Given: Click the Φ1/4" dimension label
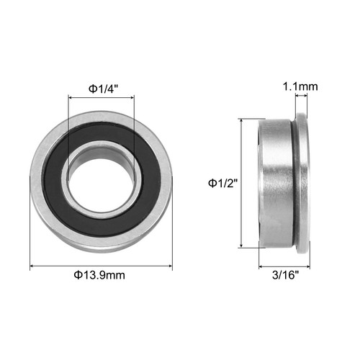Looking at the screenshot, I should click(102, 88).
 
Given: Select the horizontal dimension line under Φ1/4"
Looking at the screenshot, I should click(100, 97).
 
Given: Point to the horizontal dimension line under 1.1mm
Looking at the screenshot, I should click(301, 99).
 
